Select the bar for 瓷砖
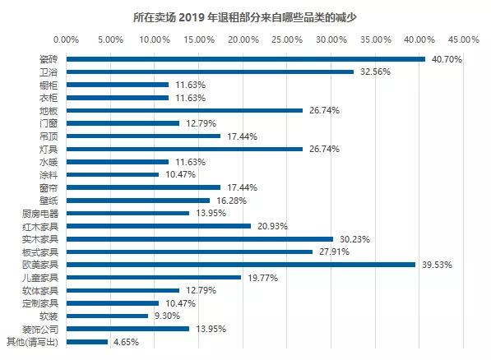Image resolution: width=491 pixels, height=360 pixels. coord(245,59)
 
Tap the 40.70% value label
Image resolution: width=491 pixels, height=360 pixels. coord(447,59)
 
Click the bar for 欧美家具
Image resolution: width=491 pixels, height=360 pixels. coord(240,265)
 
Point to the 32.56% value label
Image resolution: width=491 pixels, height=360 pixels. coord(374,72)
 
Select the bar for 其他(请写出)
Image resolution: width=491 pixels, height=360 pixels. coord(86,342)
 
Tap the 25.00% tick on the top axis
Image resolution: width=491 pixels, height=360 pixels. coord(286,39)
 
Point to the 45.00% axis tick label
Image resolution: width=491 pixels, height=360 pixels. coord(463,39)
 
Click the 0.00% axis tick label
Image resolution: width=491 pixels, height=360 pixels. coord(66,39)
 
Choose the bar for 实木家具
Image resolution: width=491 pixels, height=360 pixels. coord(199,239)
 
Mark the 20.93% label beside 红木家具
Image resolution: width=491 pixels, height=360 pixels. coord(270,226)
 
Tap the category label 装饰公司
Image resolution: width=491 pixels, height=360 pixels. coord(40,329)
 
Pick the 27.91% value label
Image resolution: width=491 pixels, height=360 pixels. coord(331,252)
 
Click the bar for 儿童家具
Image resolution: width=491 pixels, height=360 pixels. coord(153,278)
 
